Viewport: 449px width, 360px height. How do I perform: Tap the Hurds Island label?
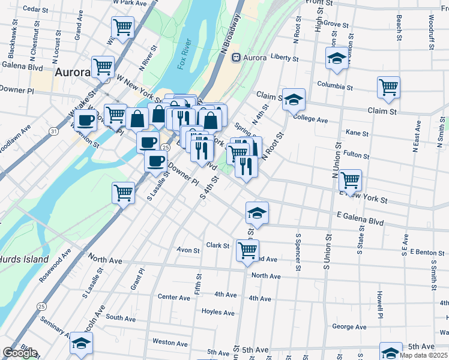coord(25,259)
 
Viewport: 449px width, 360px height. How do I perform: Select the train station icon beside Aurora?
coord(237,57)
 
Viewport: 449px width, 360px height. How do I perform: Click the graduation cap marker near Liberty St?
coord(337,58)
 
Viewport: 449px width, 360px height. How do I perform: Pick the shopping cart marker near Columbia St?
coord(388,86)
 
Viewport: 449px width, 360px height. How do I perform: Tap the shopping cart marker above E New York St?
coord(349,179)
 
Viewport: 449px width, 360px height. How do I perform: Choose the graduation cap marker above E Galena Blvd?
coord(256,213)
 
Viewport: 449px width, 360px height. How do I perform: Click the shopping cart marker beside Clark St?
coord(247,250)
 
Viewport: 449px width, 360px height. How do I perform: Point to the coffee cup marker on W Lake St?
coord(85,120)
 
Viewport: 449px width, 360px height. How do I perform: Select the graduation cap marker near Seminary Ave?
coord(80,343)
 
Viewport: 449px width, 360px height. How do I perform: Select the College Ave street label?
coord(314,119)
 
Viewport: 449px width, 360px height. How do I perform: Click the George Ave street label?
coord(349,327)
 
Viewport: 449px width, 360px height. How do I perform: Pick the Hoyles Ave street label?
coord(217,312)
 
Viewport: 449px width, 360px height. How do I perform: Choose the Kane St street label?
coord(357,133)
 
